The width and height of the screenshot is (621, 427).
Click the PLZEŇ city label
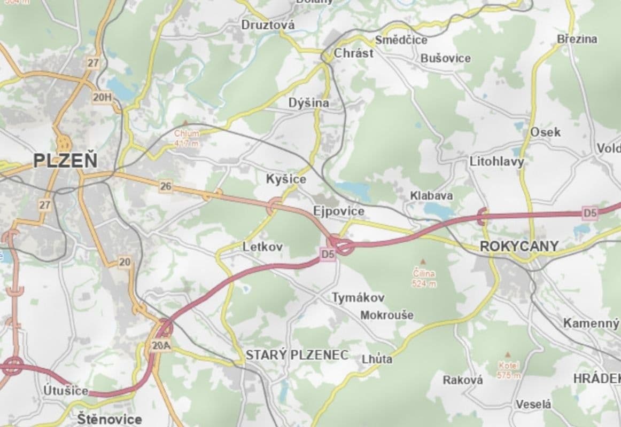[66, 161]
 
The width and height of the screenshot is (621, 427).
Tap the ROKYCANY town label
[519, 246]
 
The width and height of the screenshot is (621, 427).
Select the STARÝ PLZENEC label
[297, 355]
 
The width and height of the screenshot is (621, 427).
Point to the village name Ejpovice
[339, 211]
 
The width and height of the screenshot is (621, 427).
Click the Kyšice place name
[286, 179]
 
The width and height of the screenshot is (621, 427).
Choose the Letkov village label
[262, 247]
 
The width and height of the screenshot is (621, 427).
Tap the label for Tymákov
[358, 297]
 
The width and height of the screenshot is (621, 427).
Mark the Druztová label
[268, 25]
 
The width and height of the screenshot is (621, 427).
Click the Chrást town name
[353, 53]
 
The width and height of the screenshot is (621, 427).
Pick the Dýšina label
[308, 103]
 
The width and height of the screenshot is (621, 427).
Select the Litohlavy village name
[496, 161]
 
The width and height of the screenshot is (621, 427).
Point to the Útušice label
[66, 391]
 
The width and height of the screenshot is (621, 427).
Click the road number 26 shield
[166, 186]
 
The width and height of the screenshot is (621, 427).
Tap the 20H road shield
[102, 97]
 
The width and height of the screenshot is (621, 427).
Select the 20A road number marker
[160, 346]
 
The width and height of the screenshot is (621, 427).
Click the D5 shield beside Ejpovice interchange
[328, 255]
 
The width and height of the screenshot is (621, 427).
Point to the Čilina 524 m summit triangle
[423, 263]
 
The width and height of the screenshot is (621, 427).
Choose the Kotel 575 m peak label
[508, 354]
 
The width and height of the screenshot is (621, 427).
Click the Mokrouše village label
[386, 315]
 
